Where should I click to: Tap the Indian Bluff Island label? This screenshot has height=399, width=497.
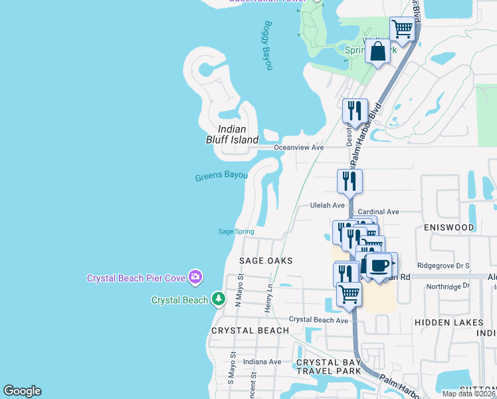(x=231, y=134)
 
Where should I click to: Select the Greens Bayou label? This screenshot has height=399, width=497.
(x=221, y=177)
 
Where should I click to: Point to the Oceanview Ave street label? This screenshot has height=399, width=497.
(x=298, y=147)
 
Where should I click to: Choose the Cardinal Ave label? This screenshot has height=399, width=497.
(x=378, y=211)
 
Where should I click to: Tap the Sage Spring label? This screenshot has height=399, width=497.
(x=237, y=231)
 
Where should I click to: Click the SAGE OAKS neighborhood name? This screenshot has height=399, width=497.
(x=266, y=261)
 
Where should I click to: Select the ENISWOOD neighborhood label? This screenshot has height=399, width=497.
(x=449, y=227)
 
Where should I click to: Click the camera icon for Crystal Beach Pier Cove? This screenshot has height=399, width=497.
(x=195, y=276)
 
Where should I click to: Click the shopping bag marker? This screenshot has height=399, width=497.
(x=377, y=51)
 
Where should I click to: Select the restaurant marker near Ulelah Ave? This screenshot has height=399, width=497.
(x=349, y=181)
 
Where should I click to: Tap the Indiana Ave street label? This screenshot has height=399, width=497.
(x=262, y=362)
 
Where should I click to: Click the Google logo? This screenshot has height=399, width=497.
(x=22, y=391)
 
